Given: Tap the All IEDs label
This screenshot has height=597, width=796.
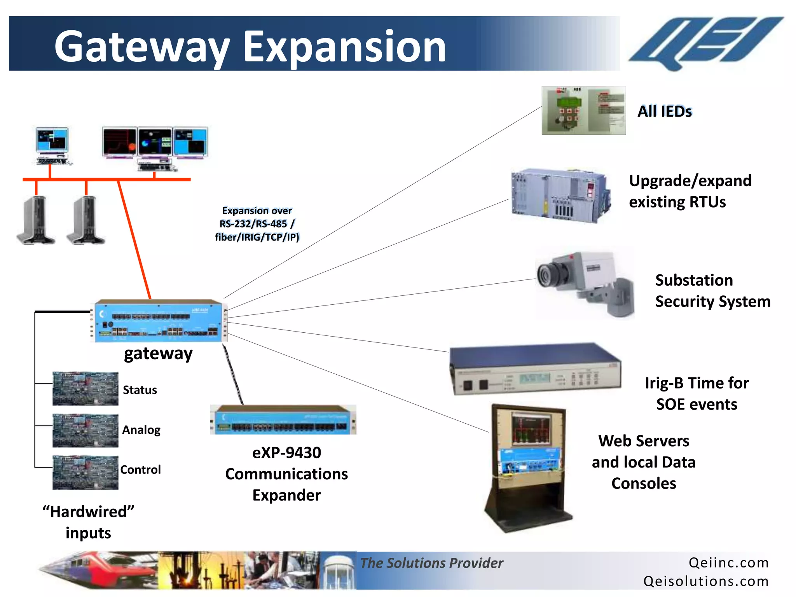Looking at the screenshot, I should click(665, 112).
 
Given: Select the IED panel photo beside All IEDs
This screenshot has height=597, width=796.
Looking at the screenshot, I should click(583, 111).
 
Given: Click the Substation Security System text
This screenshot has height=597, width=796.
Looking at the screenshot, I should click(712, 291).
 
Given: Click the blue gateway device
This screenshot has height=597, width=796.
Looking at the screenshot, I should click(159, 321).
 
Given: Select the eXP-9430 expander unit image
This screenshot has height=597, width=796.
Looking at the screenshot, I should click(283, 420).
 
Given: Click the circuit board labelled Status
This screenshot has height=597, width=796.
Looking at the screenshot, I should click(86, 389).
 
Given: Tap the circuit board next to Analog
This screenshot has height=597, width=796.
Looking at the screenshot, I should click(86, 431).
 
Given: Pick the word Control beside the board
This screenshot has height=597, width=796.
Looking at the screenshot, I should click(140, 470).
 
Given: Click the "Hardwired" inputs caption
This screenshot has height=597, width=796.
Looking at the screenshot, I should click(89, 522).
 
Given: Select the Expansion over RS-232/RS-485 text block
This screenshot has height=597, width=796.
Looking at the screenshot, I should click(257, 224).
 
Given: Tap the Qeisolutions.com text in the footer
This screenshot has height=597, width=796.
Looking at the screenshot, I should click(705, 581).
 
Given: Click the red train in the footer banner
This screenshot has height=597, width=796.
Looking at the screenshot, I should click(101, 569).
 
